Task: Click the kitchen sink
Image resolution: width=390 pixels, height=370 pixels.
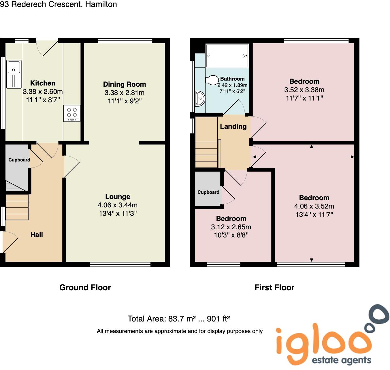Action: click(x=14, y=74)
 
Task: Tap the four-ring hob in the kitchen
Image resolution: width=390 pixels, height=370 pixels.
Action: click(x=72, y=113)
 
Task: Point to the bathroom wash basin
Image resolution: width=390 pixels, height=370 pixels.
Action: click(x=200, y=98)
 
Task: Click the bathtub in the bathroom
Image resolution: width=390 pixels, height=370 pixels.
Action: click(x=227, y=56)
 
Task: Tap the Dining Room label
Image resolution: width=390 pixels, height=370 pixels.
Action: click(x=125, y=84)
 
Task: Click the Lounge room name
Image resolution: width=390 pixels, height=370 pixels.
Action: click(x=118, y=197)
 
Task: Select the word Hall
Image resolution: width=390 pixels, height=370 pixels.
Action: click(x=37, y=235)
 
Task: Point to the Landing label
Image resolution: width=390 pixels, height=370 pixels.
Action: click(x=233, y=127)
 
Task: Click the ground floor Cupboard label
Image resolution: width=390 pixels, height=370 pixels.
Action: click(x=19, y=160)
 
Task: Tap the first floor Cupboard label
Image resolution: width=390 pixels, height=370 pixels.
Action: click(x=208, y=192)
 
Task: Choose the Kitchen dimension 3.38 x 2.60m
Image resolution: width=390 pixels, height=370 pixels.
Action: click(x=43, y=92)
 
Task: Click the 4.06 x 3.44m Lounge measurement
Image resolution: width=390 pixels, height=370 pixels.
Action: click(x=118, y=205)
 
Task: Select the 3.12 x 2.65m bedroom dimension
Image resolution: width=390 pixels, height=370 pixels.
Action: click(x=231, y=227)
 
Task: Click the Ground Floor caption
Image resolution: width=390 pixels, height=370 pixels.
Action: click(x=85, y=287)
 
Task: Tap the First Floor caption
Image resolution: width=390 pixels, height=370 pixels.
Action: click(x=274, y=287)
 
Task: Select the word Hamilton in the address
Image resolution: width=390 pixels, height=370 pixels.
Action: click(x=101, y=4)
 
